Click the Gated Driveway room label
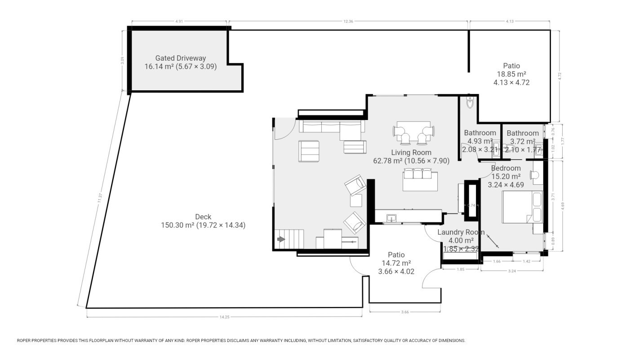pos(180,58)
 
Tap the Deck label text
pos(203,217)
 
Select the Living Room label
pos(411,152)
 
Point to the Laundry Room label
pos(461,232)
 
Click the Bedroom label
pos(506,169)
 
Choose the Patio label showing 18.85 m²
pos(511,66)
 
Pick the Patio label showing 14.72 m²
pos(396,255)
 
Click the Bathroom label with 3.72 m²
pos(522,133)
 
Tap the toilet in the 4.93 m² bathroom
pos(470,103)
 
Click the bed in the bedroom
pos(522,207)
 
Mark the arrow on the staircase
pos(281,240)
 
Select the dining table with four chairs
pos(414,132)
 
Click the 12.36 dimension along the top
pos(348,21)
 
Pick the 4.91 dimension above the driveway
pos(179,21)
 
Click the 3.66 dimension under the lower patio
pos(404,311)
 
